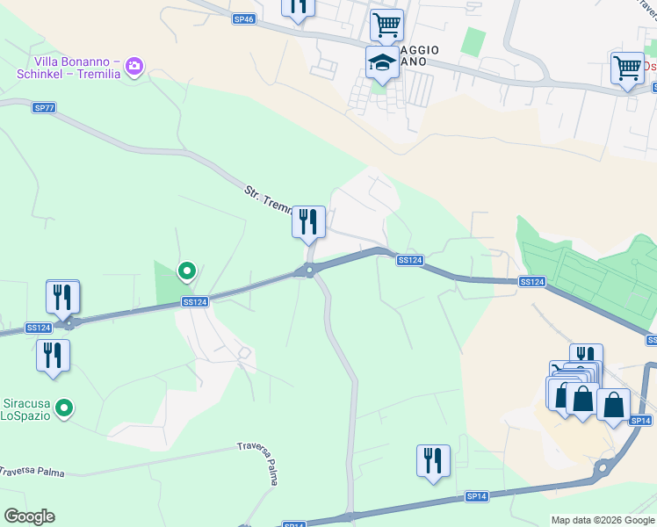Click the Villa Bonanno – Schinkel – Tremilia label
tap(68, 68)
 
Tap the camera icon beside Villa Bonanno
tap(134, 66)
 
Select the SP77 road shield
tap(44, 107)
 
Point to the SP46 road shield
tap(244, 18)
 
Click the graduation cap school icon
tap(382, 63)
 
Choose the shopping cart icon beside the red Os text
tap(627, 68)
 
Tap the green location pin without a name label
tap(186, 271)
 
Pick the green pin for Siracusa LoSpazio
tap(63, 408)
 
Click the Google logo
tap(29, 516)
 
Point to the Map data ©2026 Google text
tap(603, 520)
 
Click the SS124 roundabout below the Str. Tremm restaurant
tap(308, 270)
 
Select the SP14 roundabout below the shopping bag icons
tap(602, 469)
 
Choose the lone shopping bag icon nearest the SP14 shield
tap(613, 405)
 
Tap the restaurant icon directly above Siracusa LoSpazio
tap(54, 356)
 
